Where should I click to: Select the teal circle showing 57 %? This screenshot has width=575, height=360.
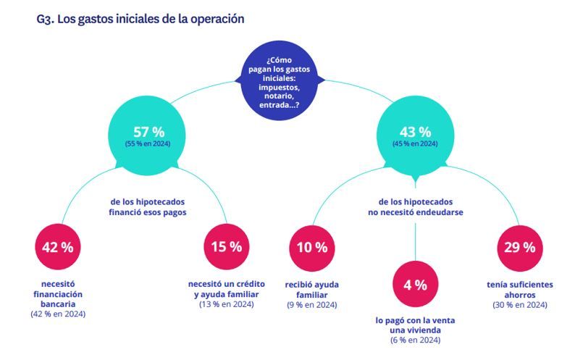(151, 136)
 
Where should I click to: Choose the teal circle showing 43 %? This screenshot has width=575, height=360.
(415, 136)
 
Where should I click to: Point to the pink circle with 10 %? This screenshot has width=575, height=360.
(311, 247)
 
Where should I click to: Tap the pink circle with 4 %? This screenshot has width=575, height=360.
(415, 285)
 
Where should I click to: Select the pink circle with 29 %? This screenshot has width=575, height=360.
(519, 247)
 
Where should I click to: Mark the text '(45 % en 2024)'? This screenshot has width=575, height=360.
(415, 144)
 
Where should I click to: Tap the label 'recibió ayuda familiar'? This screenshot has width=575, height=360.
(311, 290)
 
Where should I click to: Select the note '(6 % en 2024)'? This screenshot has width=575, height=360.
(415, 340)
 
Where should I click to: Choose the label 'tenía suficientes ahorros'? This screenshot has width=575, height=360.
(519, 290)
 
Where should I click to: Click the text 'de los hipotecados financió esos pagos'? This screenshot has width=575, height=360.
(151, 208)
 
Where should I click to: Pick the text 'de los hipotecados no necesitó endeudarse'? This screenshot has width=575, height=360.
(415, 208)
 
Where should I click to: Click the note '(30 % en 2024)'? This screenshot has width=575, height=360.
(519, 305)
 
